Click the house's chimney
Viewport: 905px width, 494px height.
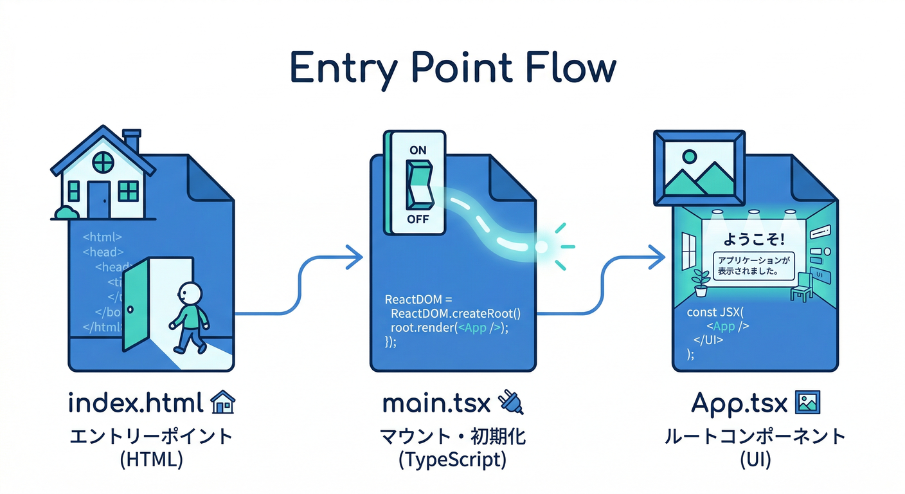click(x=132, y=141)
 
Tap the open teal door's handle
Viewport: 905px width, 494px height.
click(x=130, y=309)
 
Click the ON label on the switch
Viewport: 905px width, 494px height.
click(x=417, y=149)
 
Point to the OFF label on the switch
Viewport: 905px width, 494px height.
click(x=417, y=219)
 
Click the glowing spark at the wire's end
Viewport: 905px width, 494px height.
click(x=542, y=246)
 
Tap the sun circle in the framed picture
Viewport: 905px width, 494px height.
click(x=690, y=156)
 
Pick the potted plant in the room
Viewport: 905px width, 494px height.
click(x=701, y=282)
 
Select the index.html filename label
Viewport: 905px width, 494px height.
click(x=136, y=403)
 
